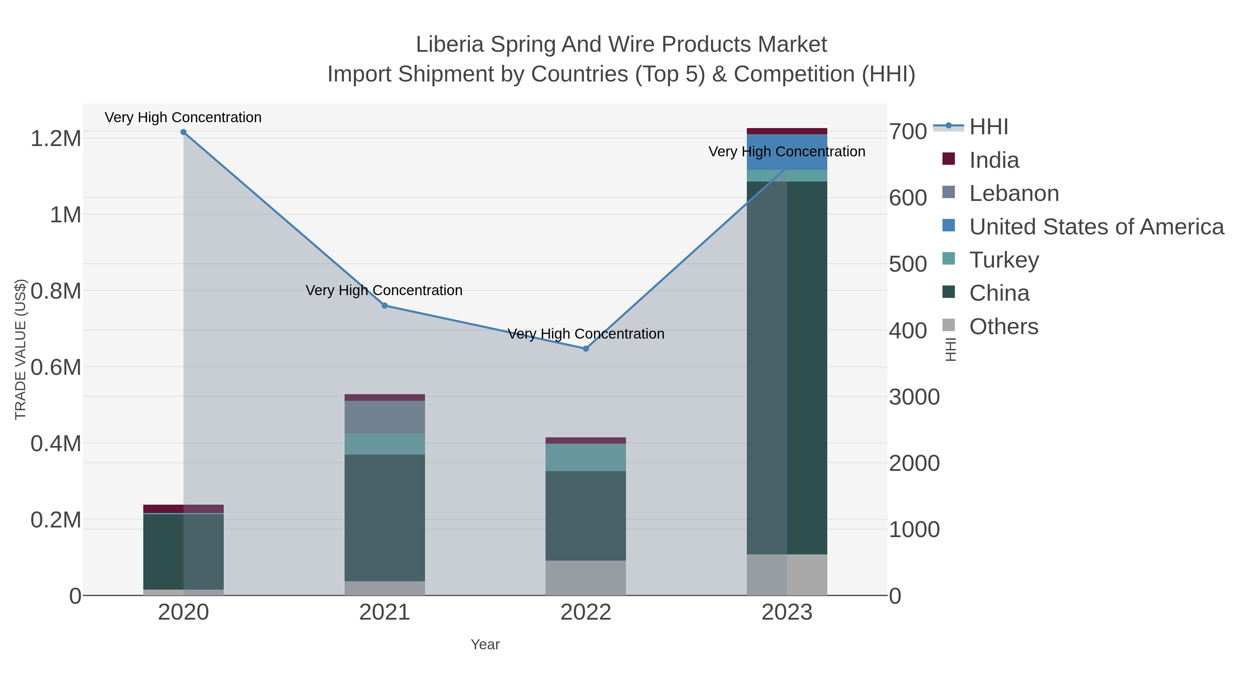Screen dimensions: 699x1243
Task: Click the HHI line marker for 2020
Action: tap(183, 132)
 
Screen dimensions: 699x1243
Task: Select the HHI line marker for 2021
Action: tap(385, 305)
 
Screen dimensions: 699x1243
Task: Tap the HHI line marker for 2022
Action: tap(586, 348)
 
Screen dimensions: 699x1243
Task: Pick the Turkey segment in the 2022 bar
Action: tap(586, 457)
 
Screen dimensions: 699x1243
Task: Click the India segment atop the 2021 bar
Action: tap(385, 398)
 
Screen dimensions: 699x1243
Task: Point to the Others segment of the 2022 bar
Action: tap(586, 577)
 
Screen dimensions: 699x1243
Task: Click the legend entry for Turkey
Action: tap(1004, 260)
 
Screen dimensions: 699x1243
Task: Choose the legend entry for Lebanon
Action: tap(1014, 193)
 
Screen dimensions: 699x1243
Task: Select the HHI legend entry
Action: tap(988, 127)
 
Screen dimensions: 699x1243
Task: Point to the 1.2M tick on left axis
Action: tap(56, 139)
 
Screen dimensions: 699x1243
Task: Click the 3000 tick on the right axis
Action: tap(914, 397)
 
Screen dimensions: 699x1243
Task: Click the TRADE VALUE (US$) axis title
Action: tap(20, 349)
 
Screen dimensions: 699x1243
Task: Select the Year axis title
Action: tap(485, 644)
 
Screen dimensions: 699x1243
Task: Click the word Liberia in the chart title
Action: tap(449, 45)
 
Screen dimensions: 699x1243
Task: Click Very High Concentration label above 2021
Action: tap(384, 290)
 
